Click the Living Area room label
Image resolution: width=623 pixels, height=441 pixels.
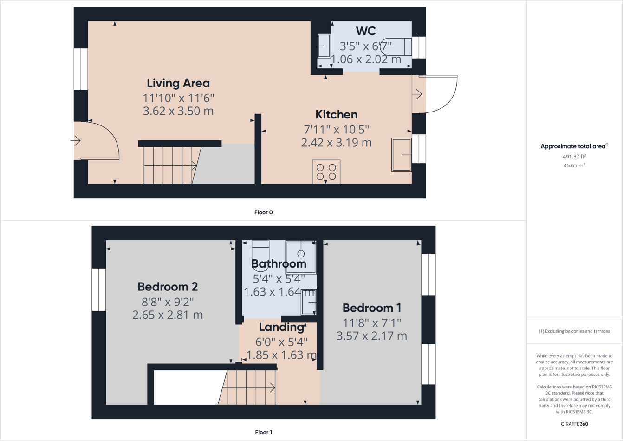pos(178,83)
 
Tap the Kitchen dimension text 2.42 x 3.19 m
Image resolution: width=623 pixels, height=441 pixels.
pos(336,143)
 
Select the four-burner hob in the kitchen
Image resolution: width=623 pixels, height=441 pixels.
pos(326,171)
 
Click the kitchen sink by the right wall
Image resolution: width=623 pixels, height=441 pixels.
pos(401,155)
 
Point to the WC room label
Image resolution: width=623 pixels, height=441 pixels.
pos(366,31)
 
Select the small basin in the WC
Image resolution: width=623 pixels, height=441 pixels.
pos(324,46)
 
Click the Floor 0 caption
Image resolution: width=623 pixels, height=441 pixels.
pos(263,212)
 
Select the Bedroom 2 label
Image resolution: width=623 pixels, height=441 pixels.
pos(168,287)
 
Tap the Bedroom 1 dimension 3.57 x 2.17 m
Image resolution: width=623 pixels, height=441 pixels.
pos(371,336)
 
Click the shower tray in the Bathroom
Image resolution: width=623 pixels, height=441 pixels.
pos(301,256)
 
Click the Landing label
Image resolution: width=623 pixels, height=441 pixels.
pos(281,327)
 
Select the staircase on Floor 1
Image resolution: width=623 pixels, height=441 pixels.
pos(248,387)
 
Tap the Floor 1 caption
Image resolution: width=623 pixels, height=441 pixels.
pos(263,432)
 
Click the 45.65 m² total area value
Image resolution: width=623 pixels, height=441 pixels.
pos(574,165)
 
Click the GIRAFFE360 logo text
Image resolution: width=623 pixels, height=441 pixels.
pos(574,424)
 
